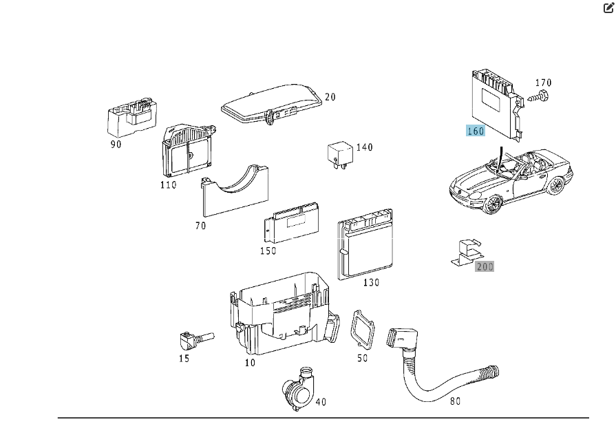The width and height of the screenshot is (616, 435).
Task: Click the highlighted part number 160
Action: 476,131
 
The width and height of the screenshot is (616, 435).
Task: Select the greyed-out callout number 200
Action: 485,266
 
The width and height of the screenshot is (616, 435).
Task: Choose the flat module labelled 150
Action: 292,224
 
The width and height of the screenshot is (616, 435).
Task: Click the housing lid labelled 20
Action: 272,103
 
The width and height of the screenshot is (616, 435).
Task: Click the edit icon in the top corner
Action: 608,8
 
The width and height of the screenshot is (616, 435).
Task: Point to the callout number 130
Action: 370,282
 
